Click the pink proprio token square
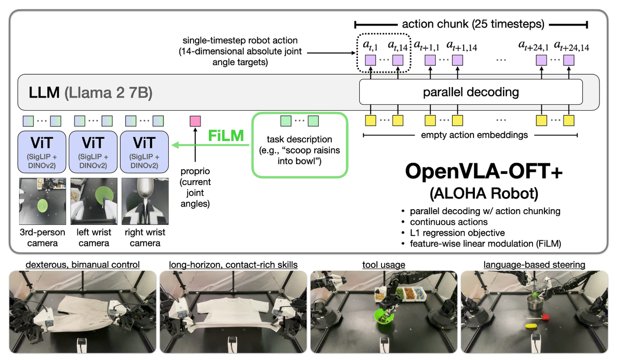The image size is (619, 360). (195, 121)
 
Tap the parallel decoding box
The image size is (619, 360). (471, 92)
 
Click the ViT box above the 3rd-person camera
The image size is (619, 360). (42, 152)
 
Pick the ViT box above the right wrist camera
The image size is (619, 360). (144, 152)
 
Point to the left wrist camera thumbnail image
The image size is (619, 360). (94, 201)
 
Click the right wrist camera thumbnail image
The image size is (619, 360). (145, 201)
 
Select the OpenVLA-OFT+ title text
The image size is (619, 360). (484, 172)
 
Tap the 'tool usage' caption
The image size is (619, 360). (383, 265)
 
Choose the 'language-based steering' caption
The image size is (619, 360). (534, 265)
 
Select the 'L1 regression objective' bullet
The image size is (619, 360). (457, 233)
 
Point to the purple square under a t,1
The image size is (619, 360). (370, 61)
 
